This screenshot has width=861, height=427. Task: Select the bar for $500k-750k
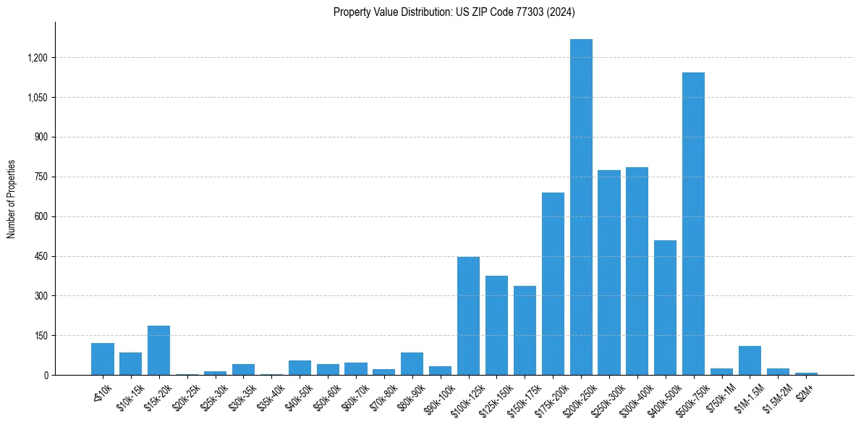coord(693,224)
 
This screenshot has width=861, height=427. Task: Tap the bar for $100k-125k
coord(469,316)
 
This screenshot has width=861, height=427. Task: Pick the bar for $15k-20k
coord(158,350)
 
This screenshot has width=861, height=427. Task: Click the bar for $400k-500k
coord(665,308)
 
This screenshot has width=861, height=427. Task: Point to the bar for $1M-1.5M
coord(750,360)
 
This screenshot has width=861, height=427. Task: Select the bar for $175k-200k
coord(553,284)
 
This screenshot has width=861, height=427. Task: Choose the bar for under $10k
coord(103,359)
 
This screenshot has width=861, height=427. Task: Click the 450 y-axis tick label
coord(41,256)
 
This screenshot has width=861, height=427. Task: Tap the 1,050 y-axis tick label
coord(37,98)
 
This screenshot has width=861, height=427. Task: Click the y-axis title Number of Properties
coord(11,198)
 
